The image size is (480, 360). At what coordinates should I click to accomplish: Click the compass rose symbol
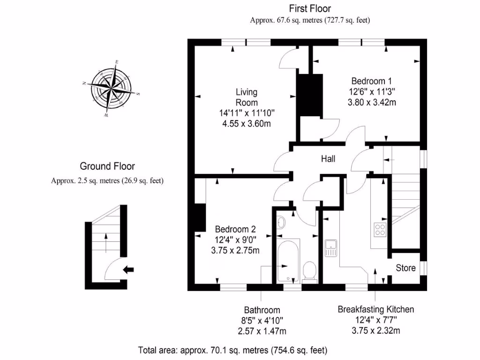pyautogui.click(x=111, y=88)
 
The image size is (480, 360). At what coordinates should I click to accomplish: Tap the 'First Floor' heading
pyautogui.click(x=310, y=8)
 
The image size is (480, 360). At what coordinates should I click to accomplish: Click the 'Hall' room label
pyautogui.click(x=328, y=159)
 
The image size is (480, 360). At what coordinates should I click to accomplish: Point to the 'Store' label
pyautogui.click(x=405, y=268)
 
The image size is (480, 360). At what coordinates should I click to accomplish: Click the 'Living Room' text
pyautogui.click(x=247, y=97)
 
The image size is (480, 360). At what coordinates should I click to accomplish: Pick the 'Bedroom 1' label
pyautogui.click(x=371, y=81)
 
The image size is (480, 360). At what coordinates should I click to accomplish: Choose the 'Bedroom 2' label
pyautogui.click(x=235, y=229)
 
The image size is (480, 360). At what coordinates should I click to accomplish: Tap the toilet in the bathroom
pyautogui.click(x=309, y=271)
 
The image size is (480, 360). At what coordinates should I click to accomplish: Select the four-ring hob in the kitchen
pyautogui.click(x=379, y=229)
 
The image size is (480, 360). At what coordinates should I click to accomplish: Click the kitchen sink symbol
pyautogui.click(x=331, y=247)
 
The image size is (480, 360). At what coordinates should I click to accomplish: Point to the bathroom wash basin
pyautogui.click(x=281, y=222)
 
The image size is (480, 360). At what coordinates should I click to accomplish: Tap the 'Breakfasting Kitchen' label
pyautogui.click(x=376, y=309)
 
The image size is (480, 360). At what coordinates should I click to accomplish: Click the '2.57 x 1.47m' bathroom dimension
pyautogui.click(x=262, y=331)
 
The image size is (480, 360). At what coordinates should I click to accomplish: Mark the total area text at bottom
pyautogui.click(x=232, y=350)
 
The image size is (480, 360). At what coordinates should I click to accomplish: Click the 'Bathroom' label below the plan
pyautogui.click(x=262, y=310)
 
